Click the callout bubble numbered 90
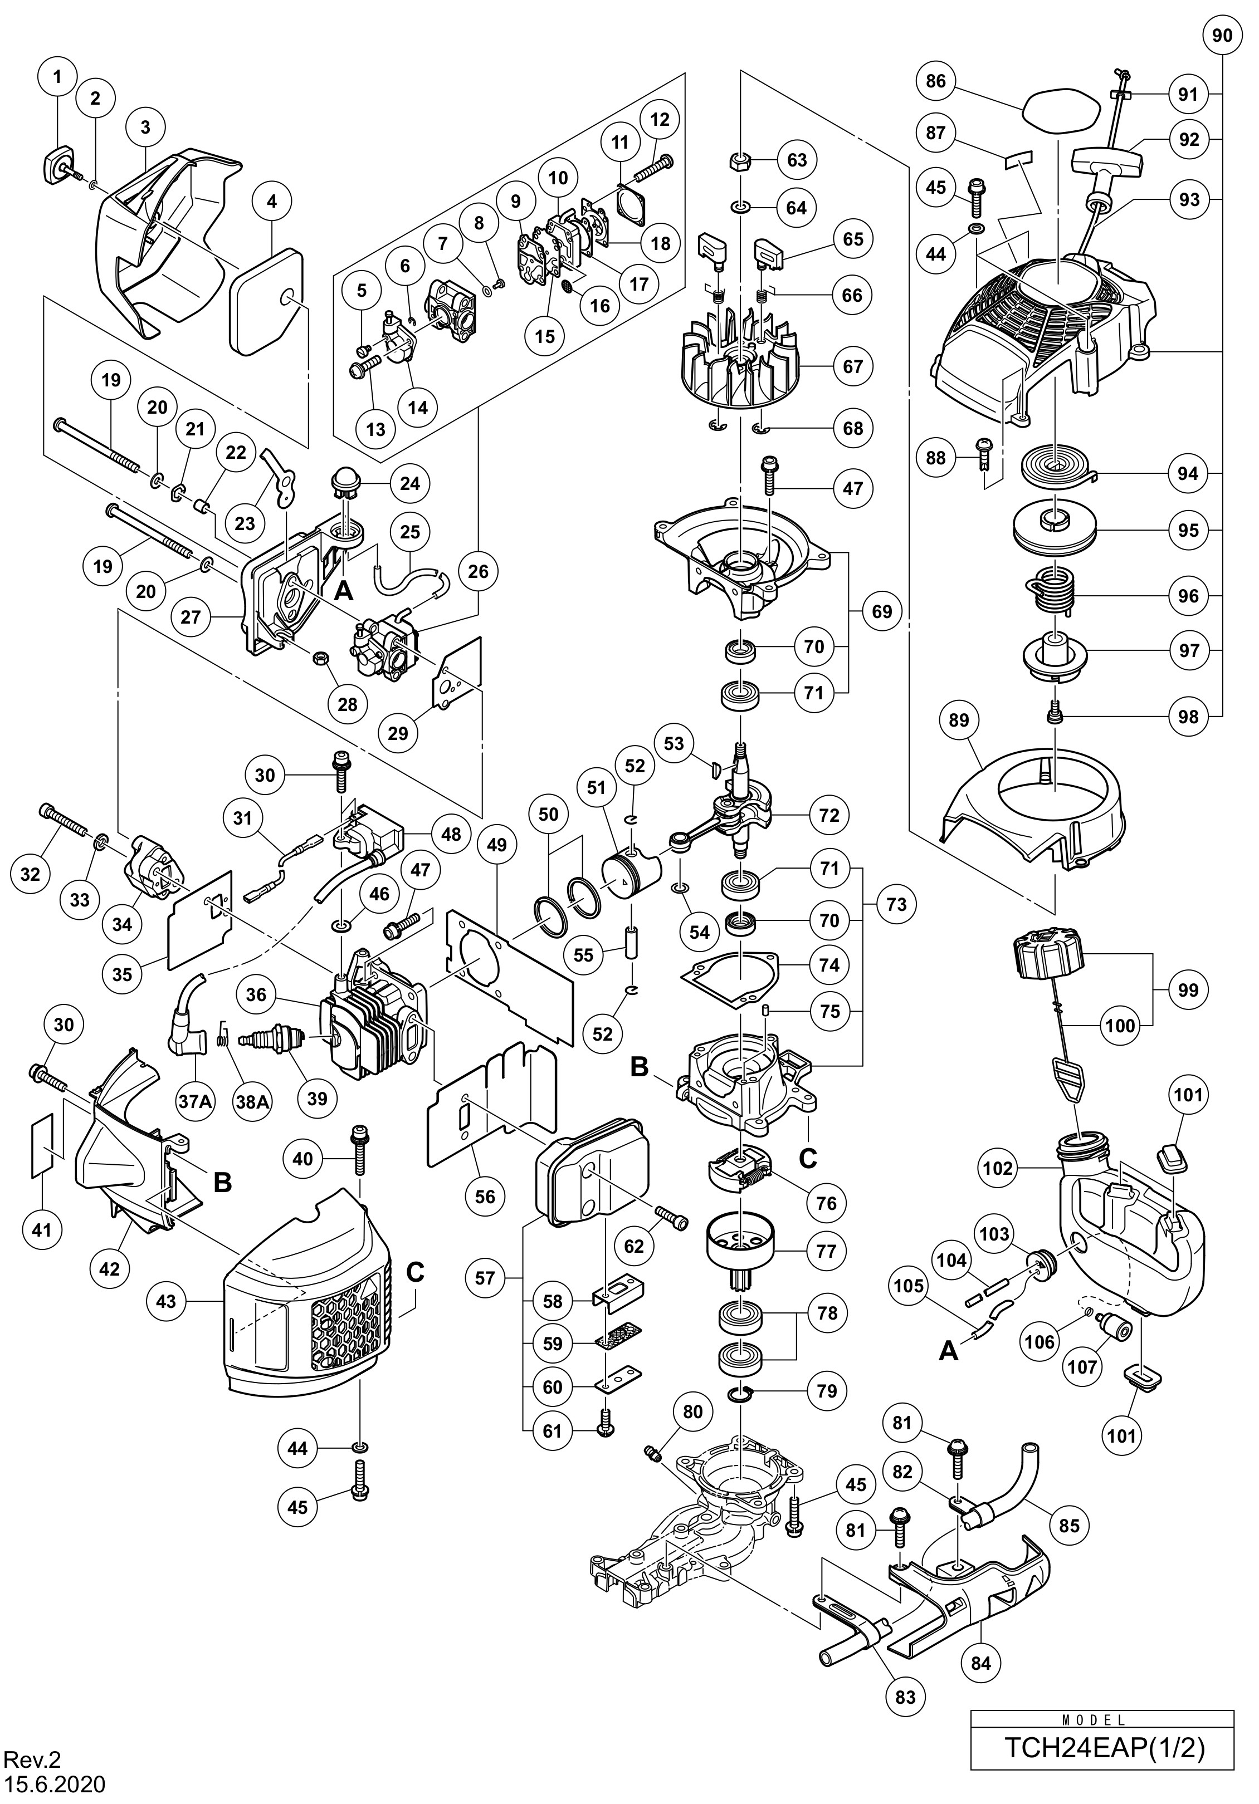tap(1222, 36)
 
